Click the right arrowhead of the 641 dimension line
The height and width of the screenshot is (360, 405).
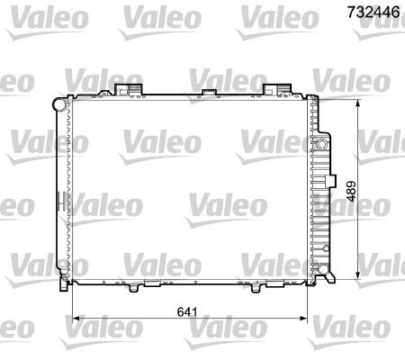pyautogui.click(x=305, y=319)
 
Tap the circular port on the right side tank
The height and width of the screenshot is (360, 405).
pyautogui.click(x=321, y=144)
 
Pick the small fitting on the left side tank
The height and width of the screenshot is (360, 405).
pyautogui.click(x=59, y=198)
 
